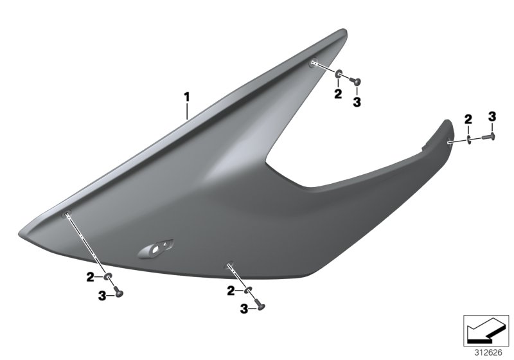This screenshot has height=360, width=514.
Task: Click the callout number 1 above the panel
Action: tap(187, 97)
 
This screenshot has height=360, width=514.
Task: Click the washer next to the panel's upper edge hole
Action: tap(338, 76)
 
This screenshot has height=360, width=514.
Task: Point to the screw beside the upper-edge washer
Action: tap(355, 82)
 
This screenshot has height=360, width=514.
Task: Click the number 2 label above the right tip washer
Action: tap(468, 118)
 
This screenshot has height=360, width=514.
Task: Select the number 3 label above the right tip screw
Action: tap(492, 116)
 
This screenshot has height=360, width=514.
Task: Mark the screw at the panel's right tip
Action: tap(490, 136)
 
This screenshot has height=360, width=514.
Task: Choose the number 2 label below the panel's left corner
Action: tap(91, 276)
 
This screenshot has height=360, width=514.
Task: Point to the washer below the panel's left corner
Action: tap(109, 277)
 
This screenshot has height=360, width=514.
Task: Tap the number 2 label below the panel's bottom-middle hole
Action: tap(229, 291)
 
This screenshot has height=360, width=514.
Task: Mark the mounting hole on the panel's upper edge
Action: tap(313, 62)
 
